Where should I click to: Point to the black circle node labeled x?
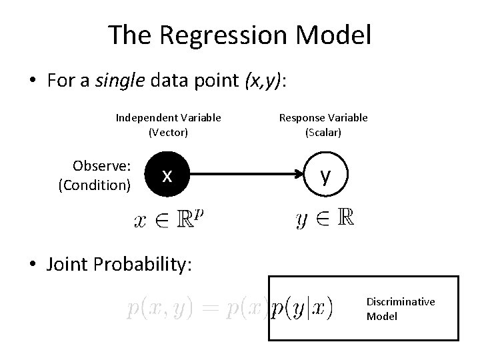point(167,176)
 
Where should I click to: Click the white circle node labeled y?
point(325,176)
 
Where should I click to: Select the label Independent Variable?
point(169,118)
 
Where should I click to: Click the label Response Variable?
point(323,118)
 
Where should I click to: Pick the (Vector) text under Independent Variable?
point(169,132)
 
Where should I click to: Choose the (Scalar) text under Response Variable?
point(323,132)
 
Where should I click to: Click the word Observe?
point(101,165)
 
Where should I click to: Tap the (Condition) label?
point(95,185)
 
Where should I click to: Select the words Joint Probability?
point(119,264)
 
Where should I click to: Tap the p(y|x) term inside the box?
point(303,307)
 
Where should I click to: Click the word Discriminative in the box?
point(401,302)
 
